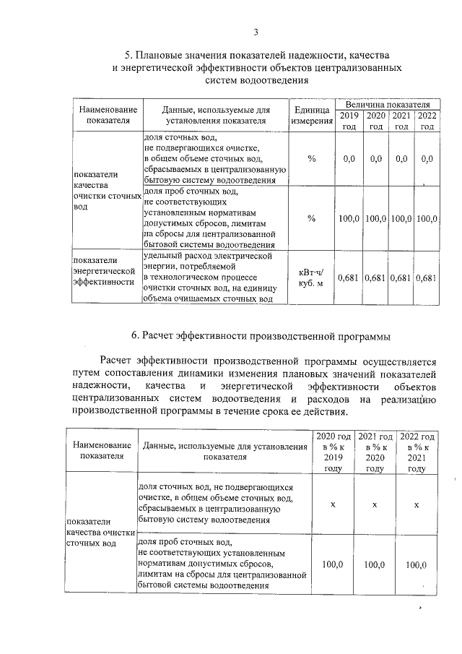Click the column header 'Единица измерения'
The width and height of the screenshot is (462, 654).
pos(311,115)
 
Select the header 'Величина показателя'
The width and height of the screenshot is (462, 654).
pos(387,105)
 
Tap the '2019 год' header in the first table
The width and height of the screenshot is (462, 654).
pos(349,121)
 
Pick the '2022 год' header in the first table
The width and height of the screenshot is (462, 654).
pos(427,121)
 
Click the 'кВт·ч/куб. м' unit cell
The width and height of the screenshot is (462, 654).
pos(311,277)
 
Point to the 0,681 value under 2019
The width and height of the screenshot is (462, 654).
pos(349,277)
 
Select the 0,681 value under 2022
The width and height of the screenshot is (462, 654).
pos(427,277)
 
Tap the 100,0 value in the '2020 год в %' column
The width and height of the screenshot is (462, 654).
pos(333,564)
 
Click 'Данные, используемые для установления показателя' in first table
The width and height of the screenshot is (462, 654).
pos(214,115)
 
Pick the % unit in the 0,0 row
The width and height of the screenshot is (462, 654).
pos(311,158)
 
